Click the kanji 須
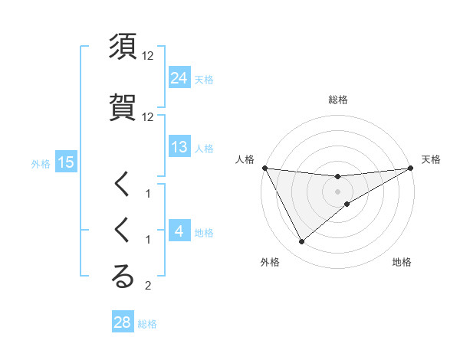point(123,47)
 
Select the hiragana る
point(123,277)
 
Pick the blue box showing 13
point(179,147)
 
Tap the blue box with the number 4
point(179,231)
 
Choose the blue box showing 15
point(65,162)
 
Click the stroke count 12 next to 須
point(148,57)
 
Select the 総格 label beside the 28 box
point(147,324)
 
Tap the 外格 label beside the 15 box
point(40,163)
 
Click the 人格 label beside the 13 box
point(204,149)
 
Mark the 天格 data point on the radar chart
point(410,168)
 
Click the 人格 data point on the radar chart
point(264,168)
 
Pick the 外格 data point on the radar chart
point(301,242)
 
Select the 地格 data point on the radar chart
point(347,204)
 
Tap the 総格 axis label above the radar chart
point(337,100)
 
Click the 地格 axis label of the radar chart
point(402,262)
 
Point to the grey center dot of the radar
point(337,191)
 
